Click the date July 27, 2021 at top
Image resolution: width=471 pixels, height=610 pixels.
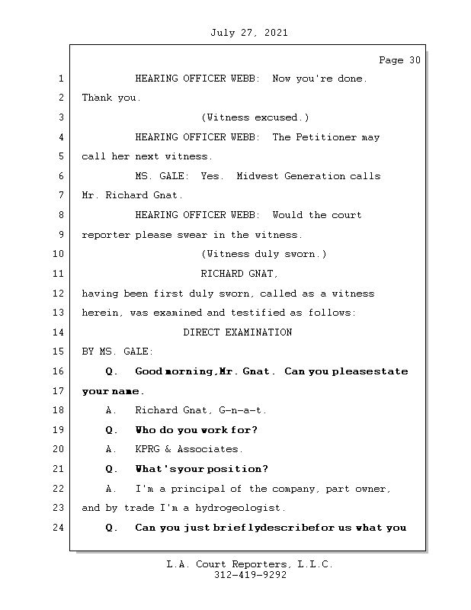248,33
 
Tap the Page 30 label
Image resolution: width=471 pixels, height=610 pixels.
399,60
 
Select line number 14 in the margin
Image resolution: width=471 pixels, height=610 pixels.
59,332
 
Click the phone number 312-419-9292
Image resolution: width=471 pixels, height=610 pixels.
250,576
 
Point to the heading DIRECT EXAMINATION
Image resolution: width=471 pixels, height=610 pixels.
238,332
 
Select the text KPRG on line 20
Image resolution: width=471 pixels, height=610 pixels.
148,449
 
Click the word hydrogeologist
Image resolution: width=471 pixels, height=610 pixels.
237,508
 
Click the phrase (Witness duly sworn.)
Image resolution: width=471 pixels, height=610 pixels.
264,254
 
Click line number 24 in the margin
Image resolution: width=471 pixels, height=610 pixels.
59,528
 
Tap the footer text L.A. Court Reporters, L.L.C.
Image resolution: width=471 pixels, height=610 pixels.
250,564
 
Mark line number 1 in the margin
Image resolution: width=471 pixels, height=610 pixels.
59,79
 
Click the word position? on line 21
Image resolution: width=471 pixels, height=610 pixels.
242,469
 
